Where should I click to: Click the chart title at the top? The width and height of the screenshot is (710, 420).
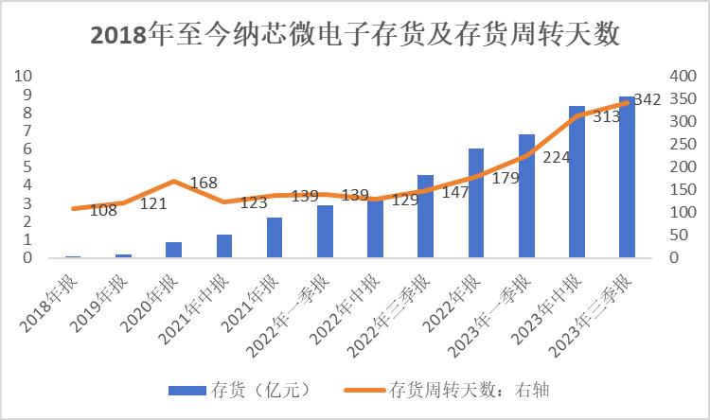[x=354, y=35]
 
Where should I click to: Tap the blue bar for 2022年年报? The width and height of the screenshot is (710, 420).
[x=476, y=202]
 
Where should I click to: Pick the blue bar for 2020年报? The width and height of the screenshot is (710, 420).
[x=173, y=250]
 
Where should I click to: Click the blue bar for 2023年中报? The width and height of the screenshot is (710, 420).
[x=577, y=182]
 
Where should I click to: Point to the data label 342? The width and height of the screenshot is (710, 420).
[x=647, y=99]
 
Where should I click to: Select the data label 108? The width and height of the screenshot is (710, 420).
[x=103, y=210]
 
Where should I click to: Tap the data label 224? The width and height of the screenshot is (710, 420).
[x=556, y=157]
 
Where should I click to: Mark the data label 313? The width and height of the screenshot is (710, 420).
[x=606, y=117]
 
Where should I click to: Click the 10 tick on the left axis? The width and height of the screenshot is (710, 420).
[x=27, y=76]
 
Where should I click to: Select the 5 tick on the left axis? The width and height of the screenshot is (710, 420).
[x=27, y=166]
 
